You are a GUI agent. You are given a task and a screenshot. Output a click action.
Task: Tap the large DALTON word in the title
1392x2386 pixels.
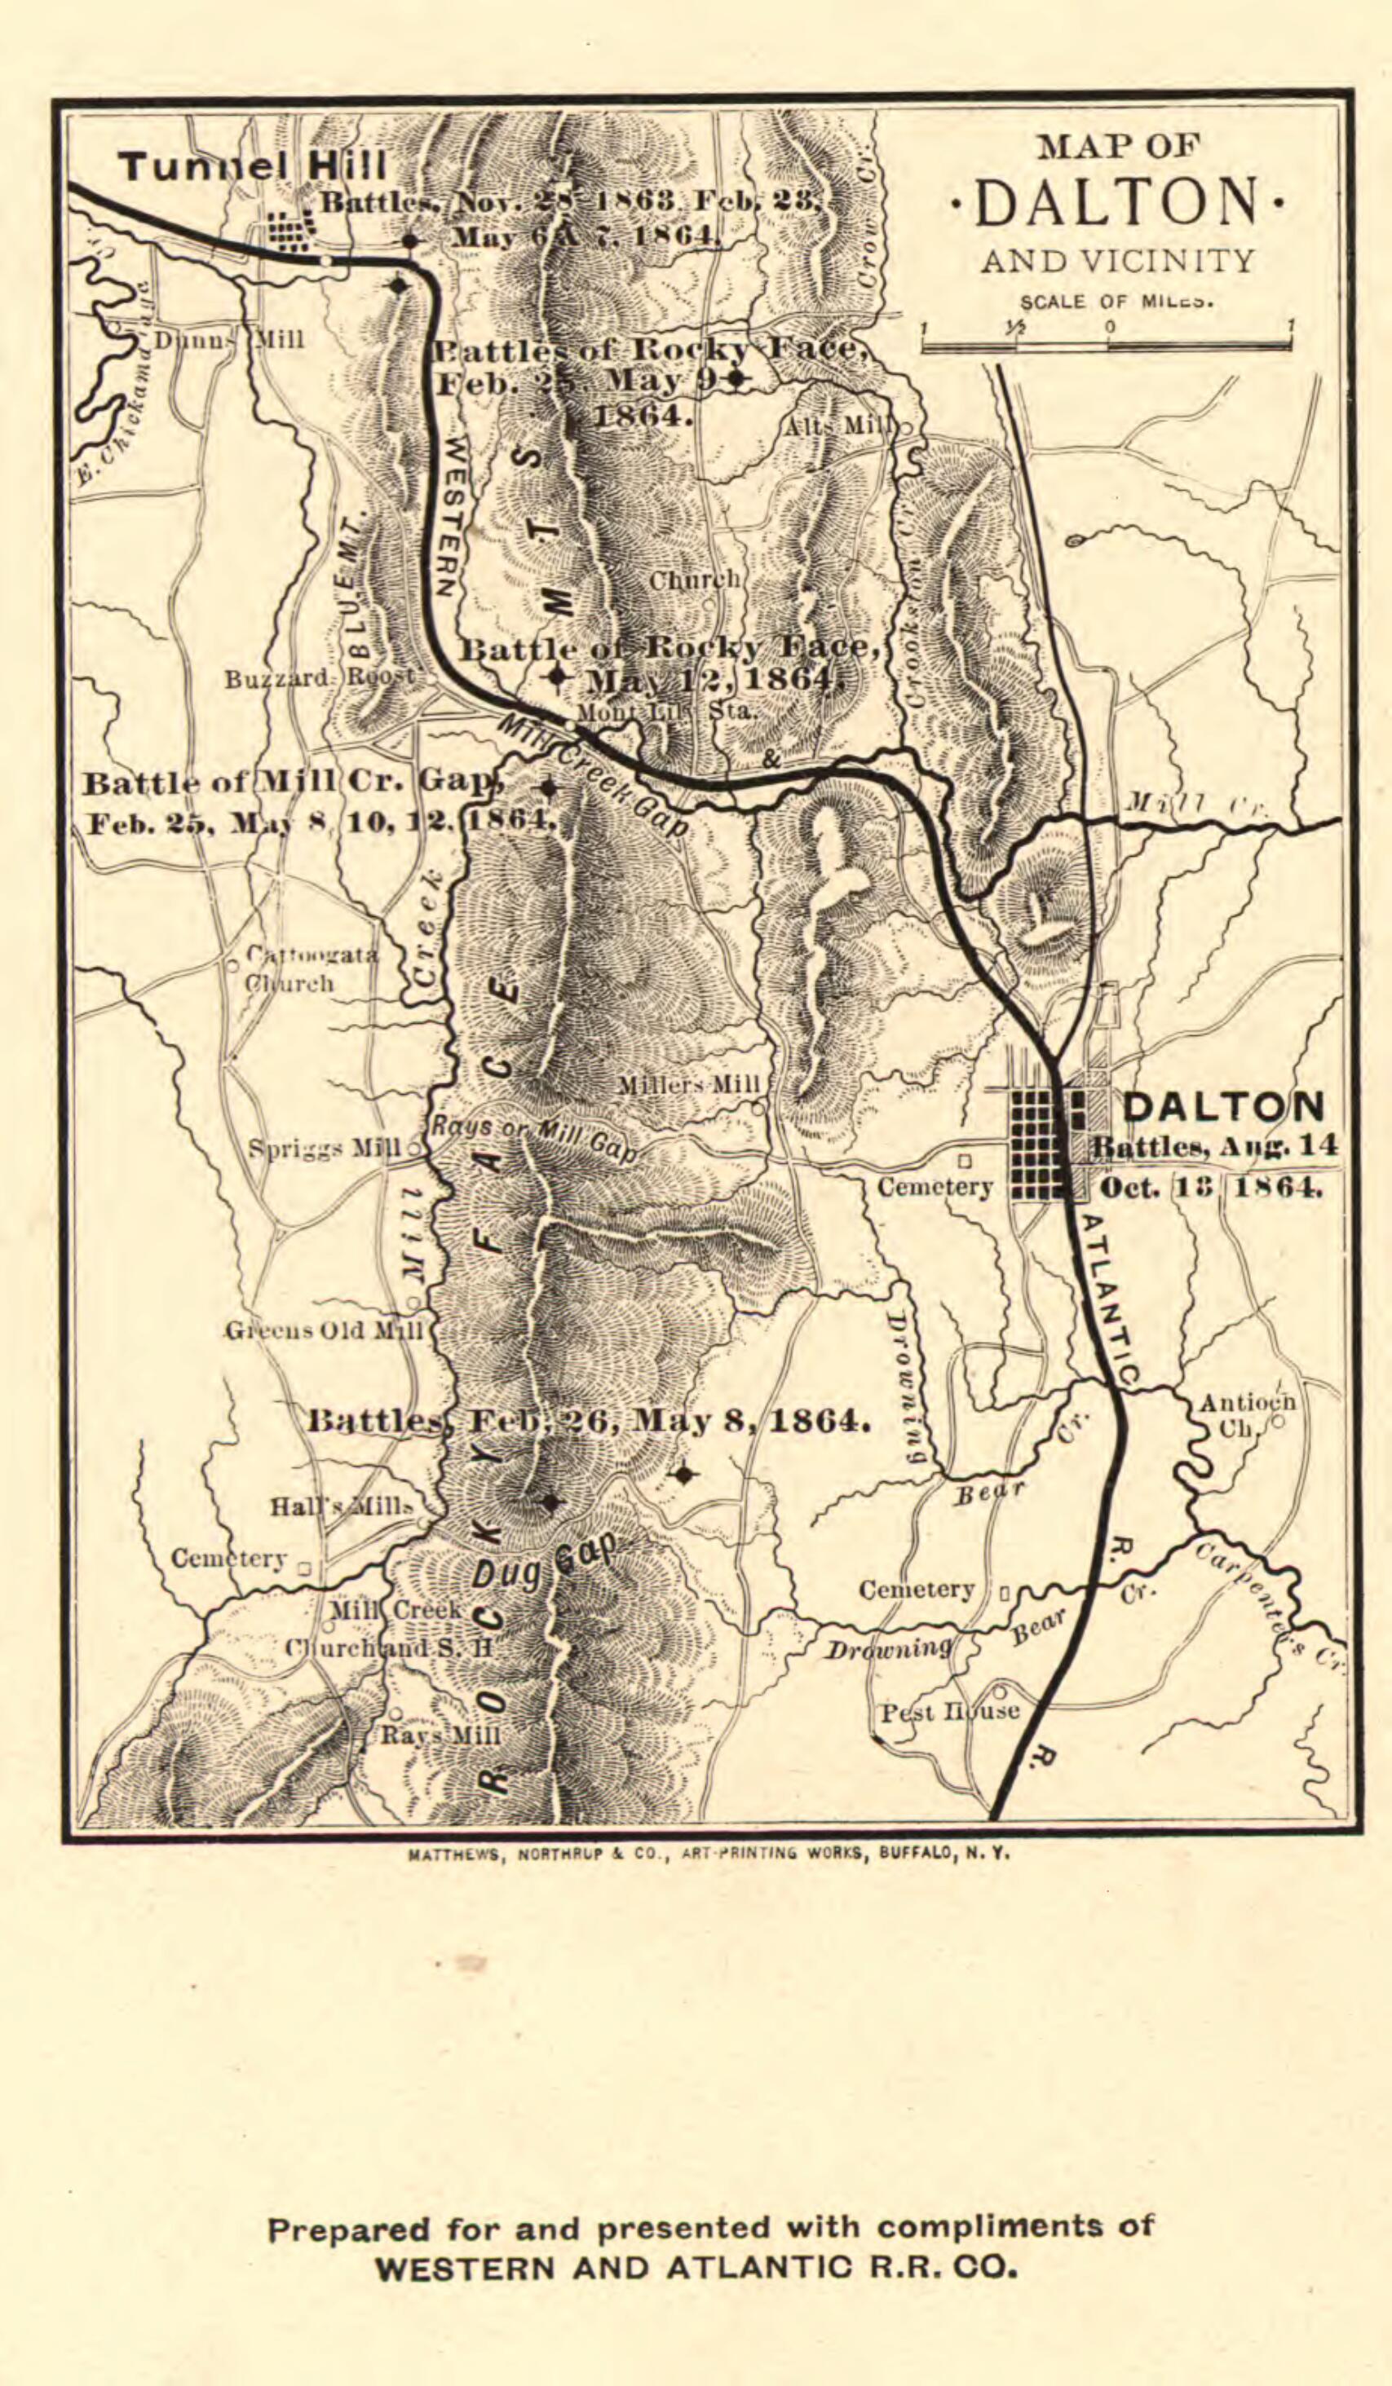pos(1117,203)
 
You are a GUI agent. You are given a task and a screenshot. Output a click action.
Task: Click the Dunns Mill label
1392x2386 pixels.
pos(228,340)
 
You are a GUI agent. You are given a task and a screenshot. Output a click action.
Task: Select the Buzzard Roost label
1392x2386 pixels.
pos(319,679)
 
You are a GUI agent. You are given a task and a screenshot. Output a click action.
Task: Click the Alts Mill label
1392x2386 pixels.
pos(837,426)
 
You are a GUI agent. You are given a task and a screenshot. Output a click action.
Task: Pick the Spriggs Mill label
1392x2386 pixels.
pos(325,1149)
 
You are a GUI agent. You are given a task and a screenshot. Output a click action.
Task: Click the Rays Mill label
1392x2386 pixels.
pos(440,1735)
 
